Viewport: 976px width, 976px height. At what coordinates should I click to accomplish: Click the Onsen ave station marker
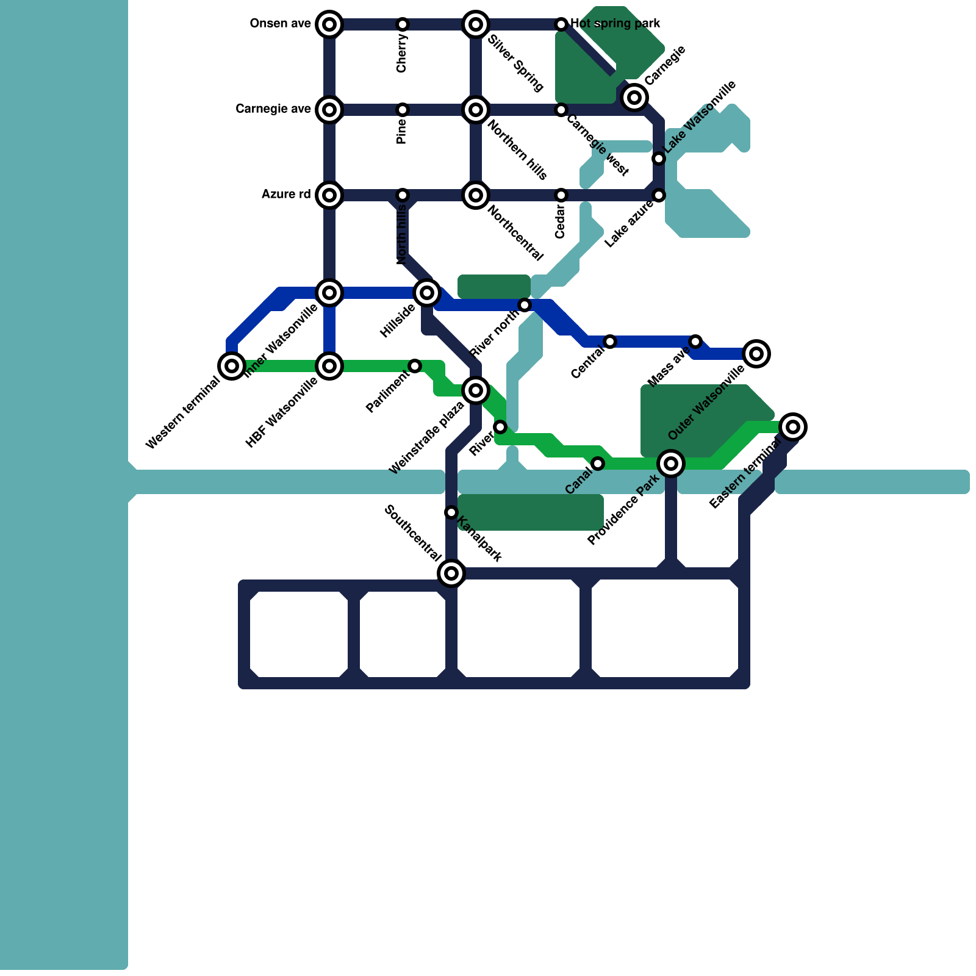(x=329, y=24)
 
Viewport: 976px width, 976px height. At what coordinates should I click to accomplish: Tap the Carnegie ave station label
(x=273, y=109)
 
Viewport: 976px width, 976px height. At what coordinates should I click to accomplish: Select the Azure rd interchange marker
(x=329, y=195)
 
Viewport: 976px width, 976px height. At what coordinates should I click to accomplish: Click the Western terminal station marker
(x=232, y=366)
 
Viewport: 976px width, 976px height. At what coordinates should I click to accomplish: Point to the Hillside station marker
(x=427, y=293)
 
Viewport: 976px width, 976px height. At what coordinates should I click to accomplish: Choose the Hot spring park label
(x=615, y=24)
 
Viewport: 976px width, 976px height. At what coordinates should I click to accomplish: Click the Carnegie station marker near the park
(x=634, y=97)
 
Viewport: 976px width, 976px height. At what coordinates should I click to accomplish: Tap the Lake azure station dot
(x=659, y=195)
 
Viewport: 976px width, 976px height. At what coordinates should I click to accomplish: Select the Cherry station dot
(x=403, y=24)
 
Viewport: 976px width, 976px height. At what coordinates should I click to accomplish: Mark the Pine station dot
(x=403, y=110)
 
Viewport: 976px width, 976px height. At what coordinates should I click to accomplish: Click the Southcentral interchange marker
(x=451, y=573)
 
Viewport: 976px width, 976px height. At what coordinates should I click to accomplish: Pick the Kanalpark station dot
(x=451, y=512)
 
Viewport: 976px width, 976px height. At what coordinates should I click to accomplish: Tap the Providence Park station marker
(x=671, y=464)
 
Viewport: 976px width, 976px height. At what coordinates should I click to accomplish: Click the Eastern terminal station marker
(x=793, y=427)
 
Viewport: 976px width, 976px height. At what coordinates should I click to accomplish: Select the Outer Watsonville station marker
(x=756, y=354)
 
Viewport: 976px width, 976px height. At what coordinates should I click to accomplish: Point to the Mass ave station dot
(x=695, y=342)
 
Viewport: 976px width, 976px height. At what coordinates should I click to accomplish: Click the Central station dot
(x=610, y=342)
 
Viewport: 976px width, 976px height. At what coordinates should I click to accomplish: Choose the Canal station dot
(x=598, y=464)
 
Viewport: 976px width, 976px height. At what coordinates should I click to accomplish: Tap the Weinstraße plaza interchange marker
(x=476, y=390)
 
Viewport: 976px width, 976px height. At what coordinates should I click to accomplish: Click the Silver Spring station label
(x=515, y=63)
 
